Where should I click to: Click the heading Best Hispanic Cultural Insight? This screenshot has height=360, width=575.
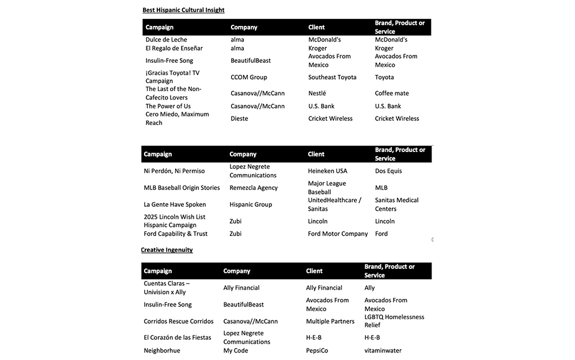click(183, 10)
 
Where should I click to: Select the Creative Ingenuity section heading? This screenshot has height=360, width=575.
click(167, 249)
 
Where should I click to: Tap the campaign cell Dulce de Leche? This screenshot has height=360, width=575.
click(166, 40)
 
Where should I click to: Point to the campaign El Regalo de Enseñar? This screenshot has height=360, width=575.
click(174, 48)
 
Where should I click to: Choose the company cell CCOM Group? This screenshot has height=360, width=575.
click(249, 77)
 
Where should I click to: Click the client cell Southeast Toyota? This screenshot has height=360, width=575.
click(332, 77)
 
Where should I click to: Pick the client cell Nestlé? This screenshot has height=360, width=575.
click(317, 93)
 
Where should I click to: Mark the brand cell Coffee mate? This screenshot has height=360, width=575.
click(392, 93)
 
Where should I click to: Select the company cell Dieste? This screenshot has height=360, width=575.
click(239, 119)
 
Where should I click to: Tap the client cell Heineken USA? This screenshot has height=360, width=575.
click(327, 171)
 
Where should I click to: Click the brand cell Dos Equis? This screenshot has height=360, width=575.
click(388, 171)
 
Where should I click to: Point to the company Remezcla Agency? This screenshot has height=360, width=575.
click(254, 188)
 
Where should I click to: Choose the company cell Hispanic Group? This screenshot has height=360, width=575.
click(251, 204)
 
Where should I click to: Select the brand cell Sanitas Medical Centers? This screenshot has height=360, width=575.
click(396, 204)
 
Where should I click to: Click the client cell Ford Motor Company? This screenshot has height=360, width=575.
click(338, 234)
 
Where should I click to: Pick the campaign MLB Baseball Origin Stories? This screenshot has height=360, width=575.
click(181, 188)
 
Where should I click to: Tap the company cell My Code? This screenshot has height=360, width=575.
click(236, 350)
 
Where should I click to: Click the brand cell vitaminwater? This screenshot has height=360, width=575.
click(383, 350)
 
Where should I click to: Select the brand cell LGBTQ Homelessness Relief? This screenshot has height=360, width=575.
click(394, 321)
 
